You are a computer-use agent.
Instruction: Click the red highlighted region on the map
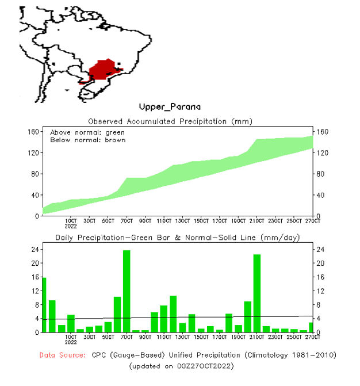(x=104, y=70)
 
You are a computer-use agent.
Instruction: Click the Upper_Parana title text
(x=170, y=107)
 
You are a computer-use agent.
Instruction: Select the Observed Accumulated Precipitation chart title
(x=170, y=121)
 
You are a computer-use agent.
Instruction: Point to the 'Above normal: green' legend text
(x=87, y=133)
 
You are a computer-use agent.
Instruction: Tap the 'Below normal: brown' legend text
(x=87, y=140)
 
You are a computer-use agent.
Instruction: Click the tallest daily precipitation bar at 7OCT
(x=127, y=291)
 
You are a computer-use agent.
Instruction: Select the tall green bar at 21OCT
(x=257, y=293)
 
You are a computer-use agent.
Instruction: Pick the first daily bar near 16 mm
(x=44, y=305)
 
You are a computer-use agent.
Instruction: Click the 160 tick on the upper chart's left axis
(x=33, y=132)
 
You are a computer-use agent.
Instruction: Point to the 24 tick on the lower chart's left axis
(x=35, y=249)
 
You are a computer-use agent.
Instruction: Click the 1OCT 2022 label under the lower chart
(x=71, y=340)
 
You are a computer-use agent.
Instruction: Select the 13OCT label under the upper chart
(x=183, y=220)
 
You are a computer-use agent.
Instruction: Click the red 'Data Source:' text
(x=63, y=355)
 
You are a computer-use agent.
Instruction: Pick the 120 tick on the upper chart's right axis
(x=321, y=153)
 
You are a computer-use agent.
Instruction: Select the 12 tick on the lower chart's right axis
(x=320, y=291)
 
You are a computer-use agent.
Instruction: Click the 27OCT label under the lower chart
(x=312, y=337)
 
